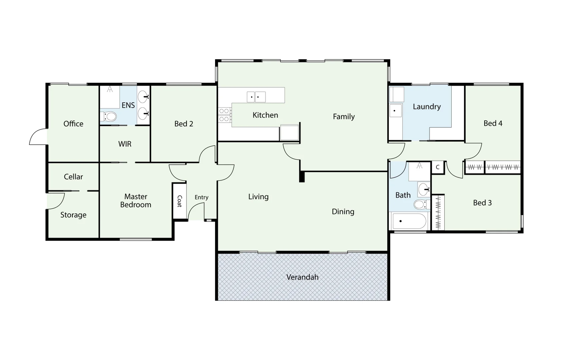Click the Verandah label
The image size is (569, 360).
pos(302,277)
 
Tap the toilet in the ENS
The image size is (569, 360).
pos(109,117)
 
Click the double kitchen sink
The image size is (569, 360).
pos(256,97)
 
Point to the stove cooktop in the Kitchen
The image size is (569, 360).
pos(224,115)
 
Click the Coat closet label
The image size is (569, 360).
pos(179,201)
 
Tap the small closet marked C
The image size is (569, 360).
pos(438,167)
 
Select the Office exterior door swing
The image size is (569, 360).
pos(38,137)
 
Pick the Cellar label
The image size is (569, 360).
pos(73,177)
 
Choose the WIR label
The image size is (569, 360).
pos(125,144)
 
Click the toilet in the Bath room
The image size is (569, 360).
pos(420,204)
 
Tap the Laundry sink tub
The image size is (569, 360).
pos(396,111)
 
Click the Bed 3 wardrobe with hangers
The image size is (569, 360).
pos(438,213)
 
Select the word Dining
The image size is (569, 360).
pos(343,212)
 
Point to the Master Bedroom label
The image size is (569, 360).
pos(136,201)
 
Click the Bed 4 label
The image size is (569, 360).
pos(493,123)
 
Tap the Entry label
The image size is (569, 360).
pos(201,197)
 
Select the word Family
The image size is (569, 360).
pos(344,117)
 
